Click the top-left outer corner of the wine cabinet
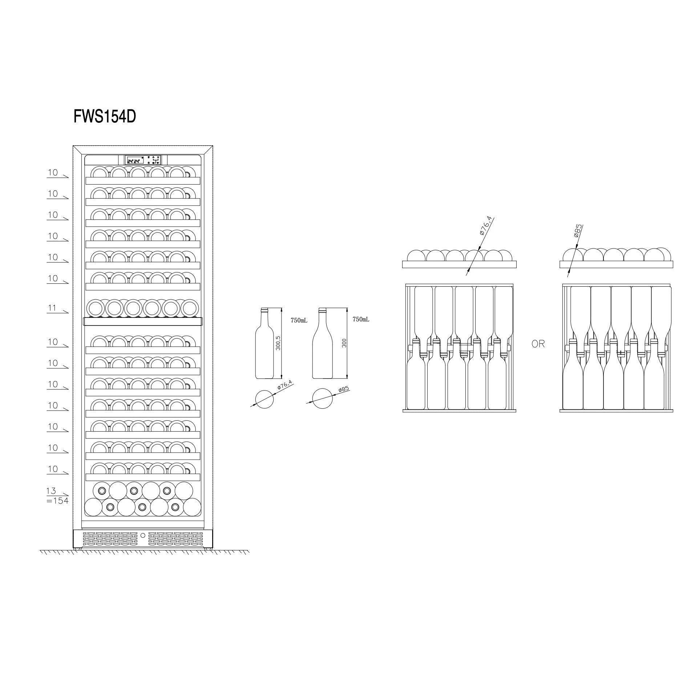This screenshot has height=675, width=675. click(73, 146)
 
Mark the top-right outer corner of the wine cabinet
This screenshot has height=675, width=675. click(213, 146)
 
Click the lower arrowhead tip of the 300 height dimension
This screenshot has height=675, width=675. click(347, 379)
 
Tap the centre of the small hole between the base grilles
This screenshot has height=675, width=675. click(143, 535)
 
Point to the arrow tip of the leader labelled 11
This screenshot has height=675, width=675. click(68, 312)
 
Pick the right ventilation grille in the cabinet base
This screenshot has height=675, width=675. click(175, 539)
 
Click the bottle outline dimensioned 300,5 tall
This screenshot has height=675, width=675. click(264, 343)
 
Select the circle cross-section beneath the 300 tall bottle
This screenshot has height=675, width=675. click(323, 399)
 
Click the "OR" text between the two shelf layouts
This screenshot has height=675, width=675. click(538, 344)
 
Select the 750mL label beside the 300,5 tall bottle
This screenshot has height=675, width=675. click(299, 320)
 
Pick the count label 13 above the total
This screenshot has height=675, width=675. click(51, 491)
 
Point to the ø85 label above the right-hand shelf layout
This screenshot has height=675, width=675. click(578, 231)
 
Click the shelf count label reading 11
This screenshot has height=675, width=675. click(52, 308)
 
